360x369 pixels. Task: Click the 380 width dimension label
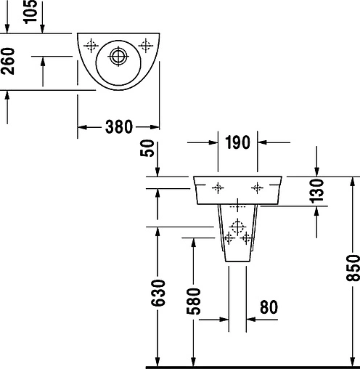coord(119,126)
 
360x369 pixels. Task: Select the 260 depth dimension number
coord(8,61)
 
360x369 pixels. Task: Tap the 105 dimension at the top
coord(30,12)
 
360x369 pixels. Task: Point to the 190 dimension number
coord(237,142)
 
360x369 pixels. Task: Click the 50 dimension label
coord(147,148)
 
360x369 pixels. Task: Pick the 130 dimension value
coord(316,190)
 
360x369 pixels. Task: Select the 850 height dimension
coord(353,268)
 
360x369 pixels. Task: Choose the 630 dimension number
coord(158,293)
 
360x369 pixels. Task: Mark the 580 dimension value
coord(194,301)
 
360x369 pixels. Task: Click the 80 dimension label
coord(269,307)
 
